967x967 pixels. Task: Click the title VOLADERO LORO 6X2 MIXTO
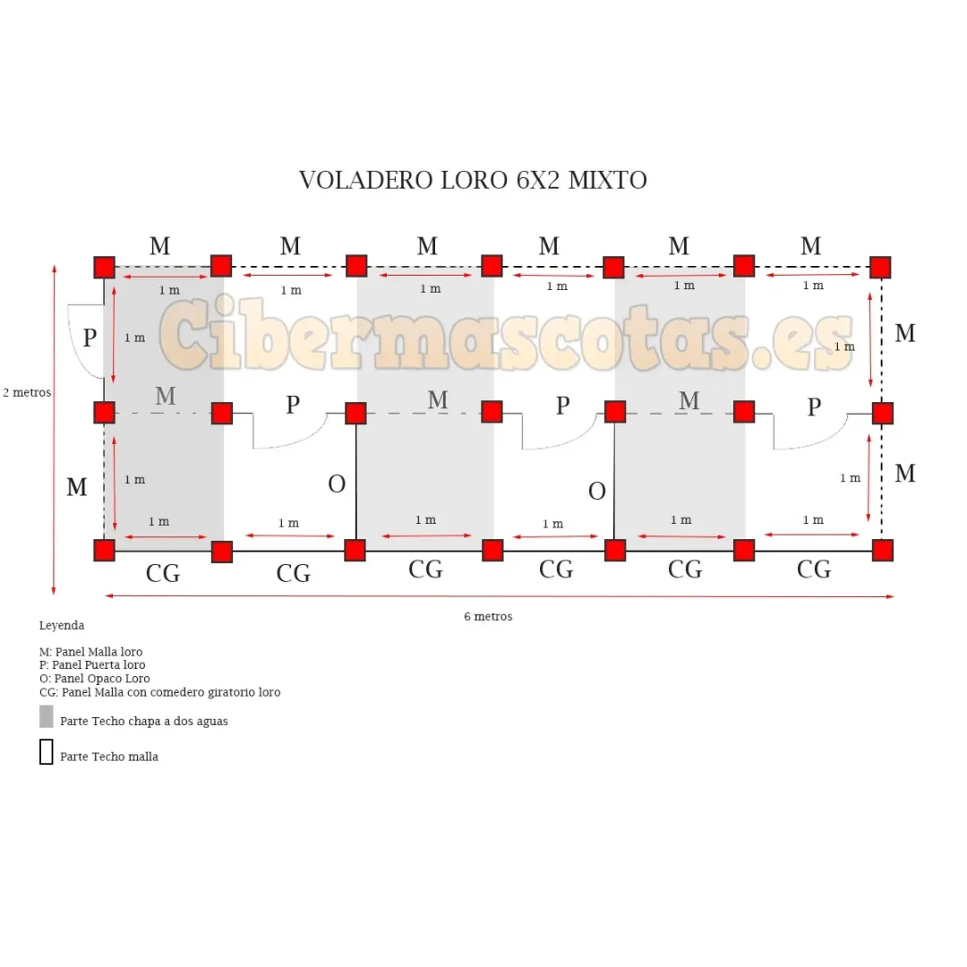pyautogui.click(x=473, y=180)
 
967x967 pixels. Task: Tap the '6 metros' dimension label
pyautogui.click(x=488, y=617)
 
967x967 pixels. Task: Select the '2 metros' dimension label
pyautogui.click(x=27, y=392)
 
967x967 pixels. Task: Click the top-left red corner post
pyautogui.click(x=105, y=268)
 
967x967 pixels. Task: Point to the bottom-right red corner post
pyautogui.click(x=883, y=550)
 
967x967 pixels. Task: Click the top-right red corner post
pyautogui.click(x=880, y=268)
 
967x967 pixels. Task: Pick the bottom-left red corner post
pyautogui.click(x=105, y=550)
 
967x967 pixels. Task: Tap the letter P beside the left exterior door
pyautogui.click(x=90, y=338)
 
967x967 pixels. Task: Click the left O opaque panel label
pyautogui.click(x=337, y=484)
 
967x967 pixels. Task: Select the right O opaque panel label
pyautogui.click(x=597, y=492)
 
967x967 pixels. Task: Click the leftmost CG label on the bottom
pyautogui.click(x=163, y=573)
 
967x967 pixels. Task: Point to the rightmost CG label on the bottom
pyautogui.click(x=814, y=569)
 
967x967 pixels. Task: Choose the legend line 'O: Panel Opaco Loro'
pyautogui.click(x=95, y=679)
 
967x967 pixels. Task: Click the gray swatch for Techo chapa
pyautogui.click(x=47, y=716)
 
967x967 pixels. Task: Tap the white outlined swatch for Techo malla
pyautogui.click(x=47, y=752)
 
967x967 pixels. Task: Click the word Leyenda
pyautogui.click(x=62, y=626)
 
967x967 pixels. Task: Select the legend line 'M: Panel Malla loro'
pyautogui.click(x=91, y=652)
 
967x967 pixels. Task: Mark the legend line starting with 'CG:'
pyautogui.click(x=159, y=692)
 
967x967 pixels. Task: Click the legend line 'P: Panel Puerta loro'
pyautogui.click(x=92, y=665)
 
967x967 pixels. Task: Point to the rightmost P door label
pyautogui.click(x=814, y=407)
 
